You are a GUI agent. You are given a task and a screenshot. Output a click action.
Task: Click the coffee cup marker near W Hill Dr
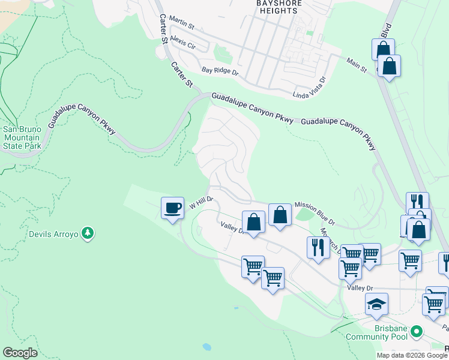pos(172,208)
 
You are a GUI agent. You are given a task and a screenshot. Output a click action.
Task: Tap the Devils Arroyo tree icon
pos(88,233)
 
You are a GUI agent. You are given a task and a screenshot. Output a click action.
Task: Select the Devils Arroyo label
pos(53,233)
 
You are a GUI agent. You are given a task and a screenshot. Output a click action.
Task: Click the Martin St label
pos(182,24)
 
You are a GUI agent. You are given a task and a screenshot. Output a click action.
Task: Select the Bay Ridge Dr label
pos(220,71)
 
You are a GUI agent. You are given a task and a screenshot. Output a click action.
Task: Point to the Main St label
pos(357,65)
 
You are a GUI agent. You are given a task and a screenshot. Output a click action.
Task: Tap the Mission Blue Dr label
pos(315,213)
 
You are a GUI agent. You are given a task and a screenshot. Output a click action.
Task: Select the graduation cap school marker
pos(376,304)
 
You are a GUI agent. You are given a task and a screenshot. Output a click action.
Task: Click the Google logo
pos(20,353)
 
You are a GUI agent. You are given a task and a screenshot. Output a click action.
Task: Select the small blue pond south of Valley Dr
pos(207,347)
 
